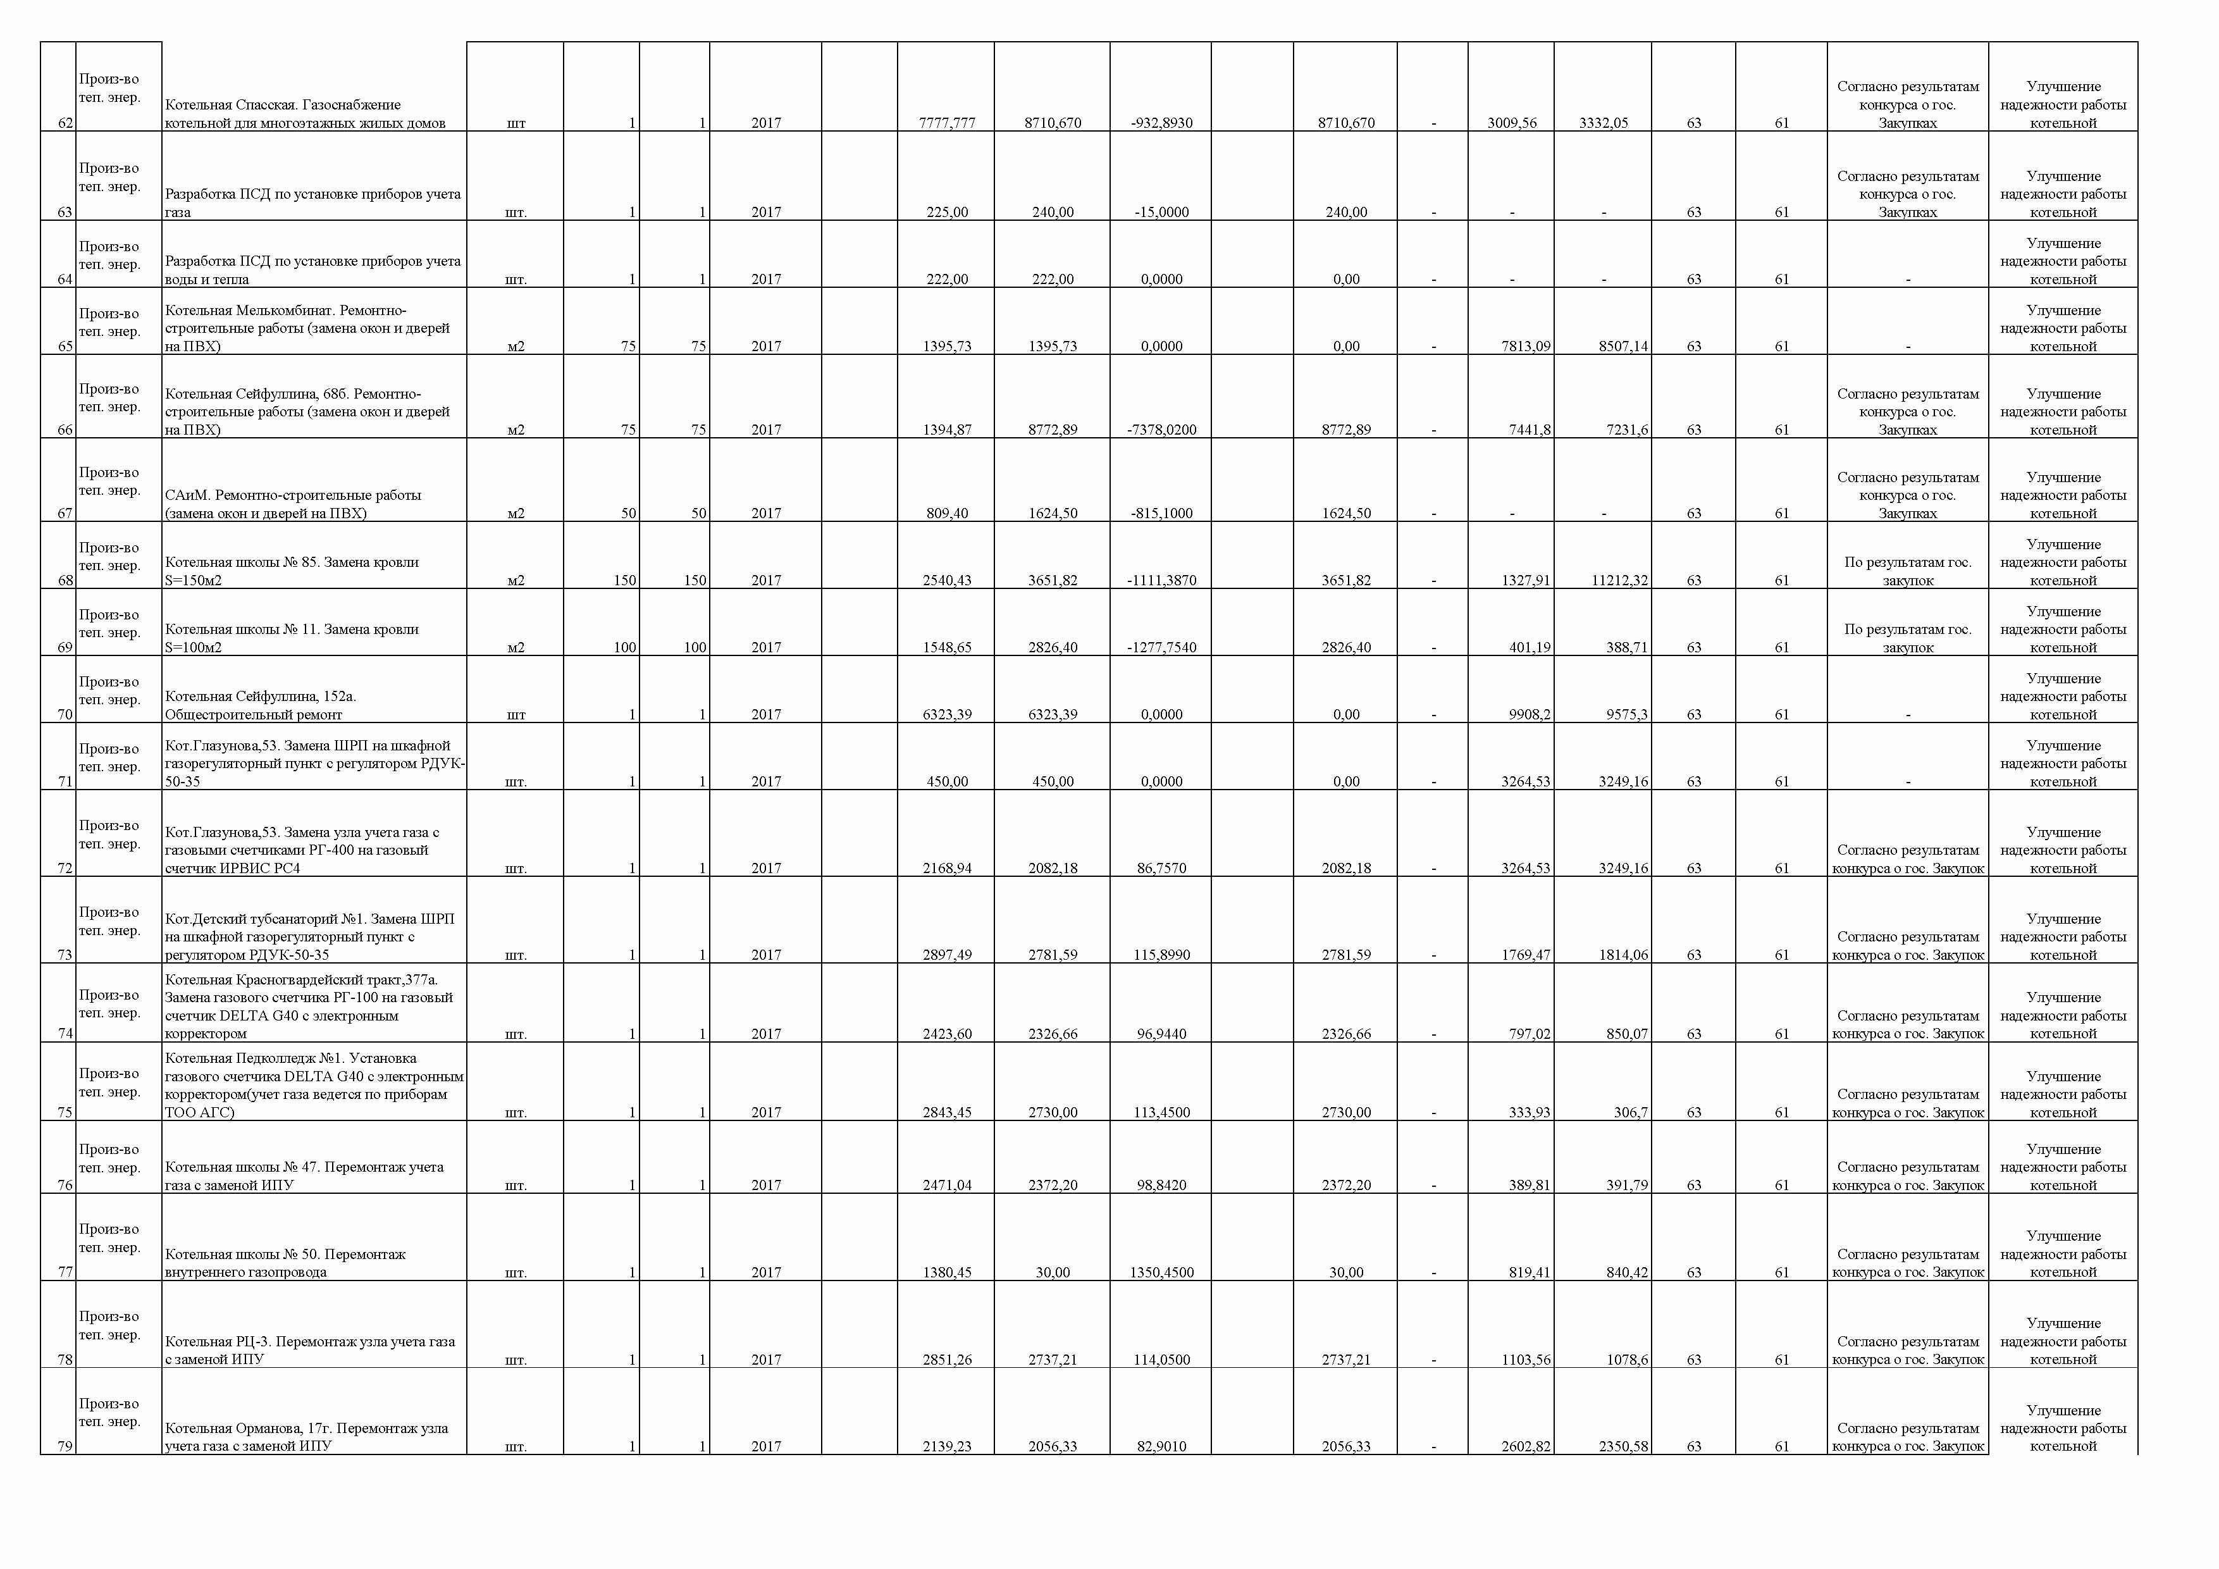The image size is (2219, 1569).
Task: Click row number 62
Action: pos(64,123)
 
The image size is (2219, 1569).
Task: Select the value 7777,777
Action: pos(946,123)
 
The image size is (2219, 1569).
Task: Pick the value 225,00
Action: pos(946,213)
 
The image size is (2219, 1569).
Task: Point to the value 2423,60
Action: pos(946,1034)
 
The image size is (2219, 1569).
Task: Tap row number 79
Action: pos(64,1447)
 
